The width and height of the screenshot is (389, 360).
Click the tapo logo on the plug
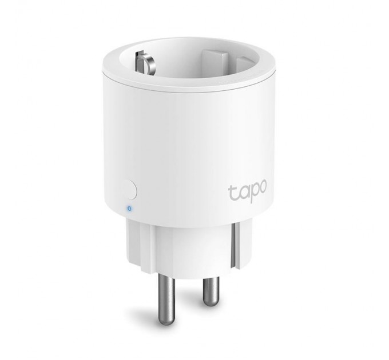coord(247,190)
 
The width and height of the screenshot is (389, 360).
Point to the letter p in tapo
coord(252,193)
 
